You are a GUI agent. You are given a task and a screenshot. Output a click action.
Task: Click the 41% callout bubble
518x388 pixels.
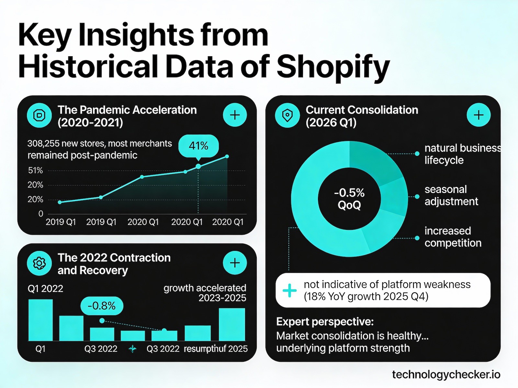(198, 146)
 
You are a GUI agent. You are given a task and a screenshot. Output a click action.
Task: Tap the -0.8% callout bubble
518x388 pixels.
(102, 306)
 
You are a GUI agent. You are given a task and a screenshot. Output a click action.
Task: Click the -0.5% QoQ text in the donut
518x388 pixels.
(349, 199)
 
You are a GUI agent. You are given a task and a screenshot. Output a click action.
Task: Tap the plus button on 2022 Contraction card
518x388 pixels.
(235, 263)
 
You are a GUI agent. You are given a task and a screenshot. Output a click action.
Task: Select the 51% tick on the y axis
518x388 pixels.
(35, 170)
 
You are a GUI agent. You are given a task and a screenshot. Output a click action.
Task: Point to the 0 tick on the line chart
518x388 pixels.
(41, 214)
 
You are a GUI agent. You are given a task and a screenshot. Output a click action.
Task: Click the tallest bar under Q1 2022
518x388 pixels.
(40, 320)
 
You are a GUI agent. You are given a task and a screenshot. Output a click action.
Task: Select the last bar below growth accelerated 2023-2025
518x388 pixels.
(232, 324)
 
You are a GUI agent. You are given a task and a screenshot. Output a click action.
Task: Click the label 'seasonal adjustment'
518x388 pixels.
(451, 195)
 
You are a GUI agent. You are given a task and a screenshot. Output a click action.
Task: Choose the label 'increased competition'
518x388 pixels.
(453, 237)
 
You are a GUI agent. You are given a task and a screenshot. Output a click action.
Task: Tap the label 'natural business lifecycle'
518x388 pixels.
(462, 154)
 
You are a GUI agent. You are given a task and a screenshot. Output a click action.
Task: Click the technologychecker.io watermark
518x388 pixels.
(446, 375)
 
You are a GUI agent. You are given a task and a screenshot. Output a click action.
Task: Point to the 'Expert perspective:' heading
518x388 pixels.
(325, 322)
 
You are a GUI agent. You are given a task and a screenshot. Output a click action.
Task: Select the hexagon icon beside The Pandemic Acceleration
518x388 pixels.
(39, 115)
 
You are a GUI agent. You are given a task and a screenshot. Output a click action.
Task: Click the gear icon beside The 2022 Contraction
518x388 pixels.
(39, 263)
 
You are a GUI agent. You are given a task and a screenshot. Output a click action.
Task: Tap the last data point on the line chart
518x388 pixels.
(227, 156)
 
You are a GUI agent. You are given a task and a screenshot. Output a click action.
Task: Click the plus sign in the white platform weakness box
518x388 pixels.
(289, 290)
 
